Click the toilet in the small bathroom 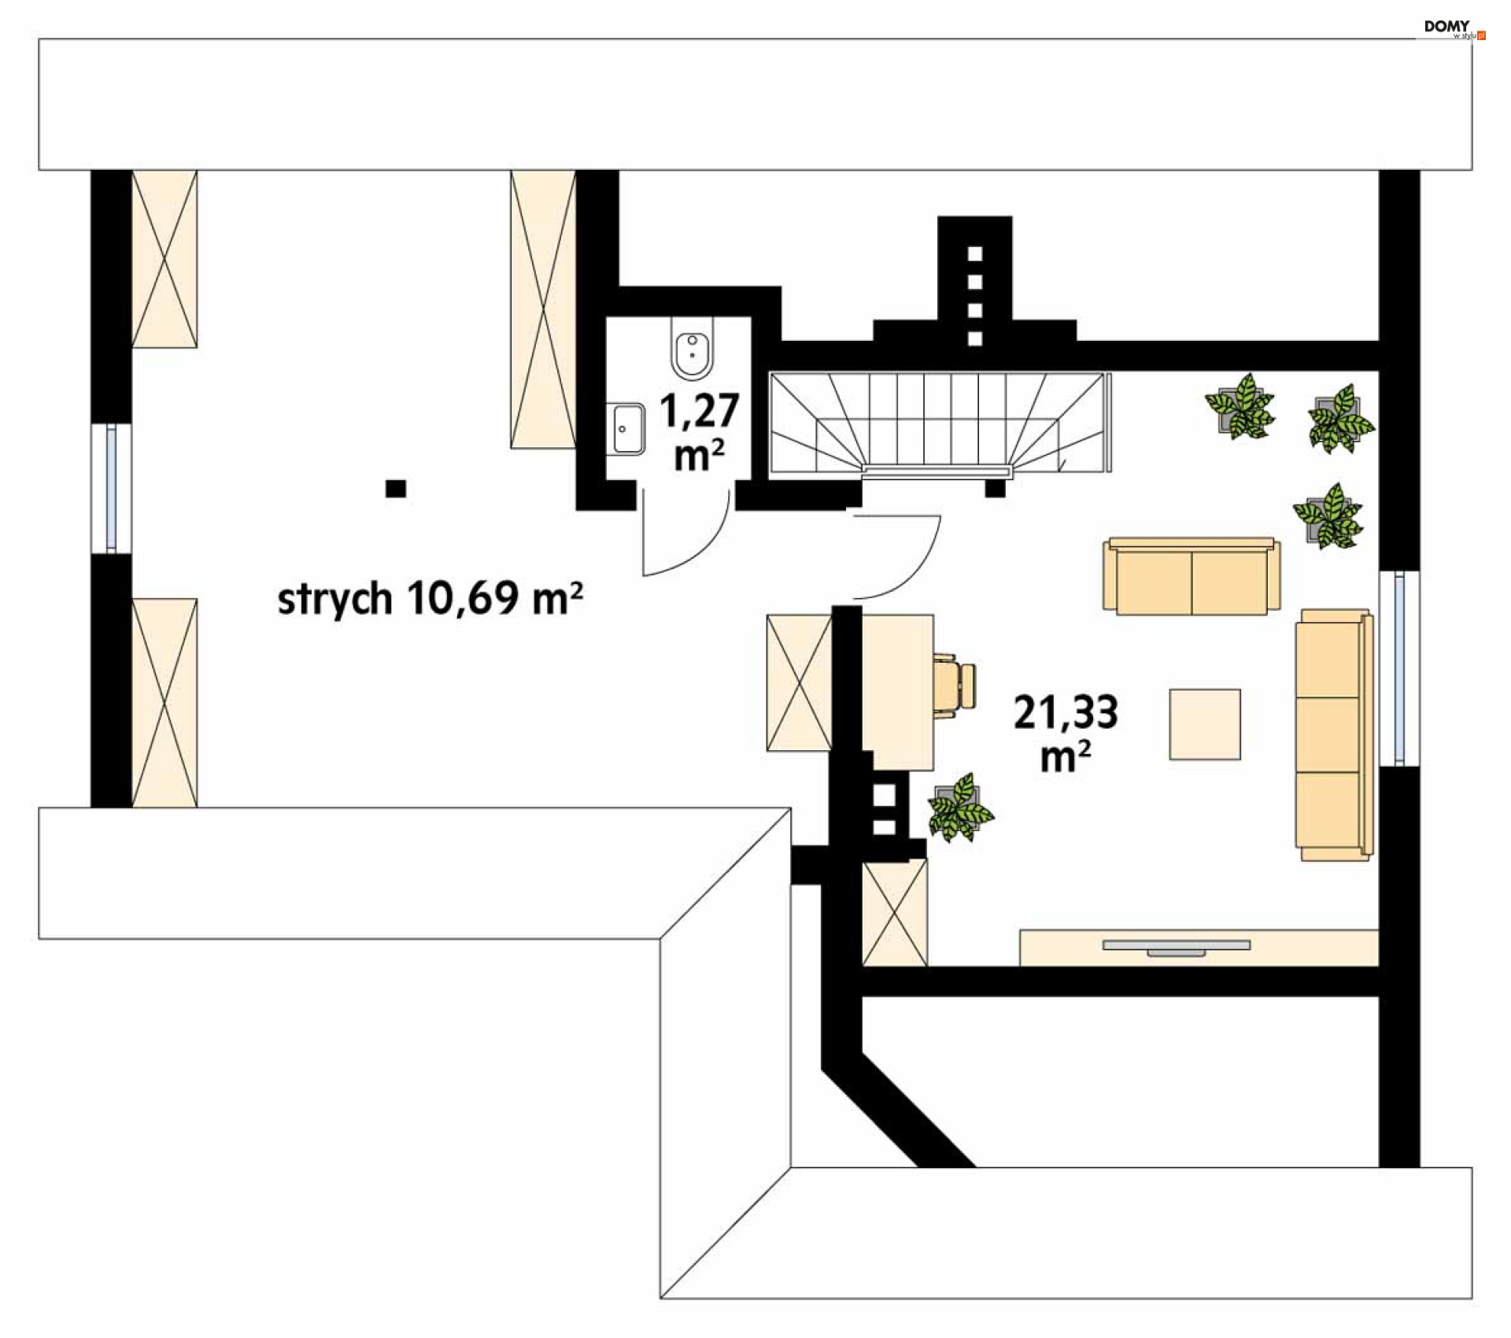[x=693, y=349]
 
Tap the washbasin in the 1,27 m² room [x=627, y=429]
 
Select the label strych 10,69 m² [x=430, y=599]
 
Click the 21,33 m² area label [x=1065, y=732]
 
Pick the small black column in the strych [x=395, y=489]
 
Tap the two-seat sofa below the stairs [x=1191, y=576]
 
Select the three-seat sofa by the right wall [x=1333, y=734]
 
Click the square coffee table [x=1204, y=724]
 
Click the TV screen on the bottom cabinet [x=1176, y=946]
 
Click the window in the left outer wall [x=111, y=487]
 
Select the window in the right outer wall [x=1398, y=668]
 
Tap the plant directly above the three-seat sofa [x=1328, y=516]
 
